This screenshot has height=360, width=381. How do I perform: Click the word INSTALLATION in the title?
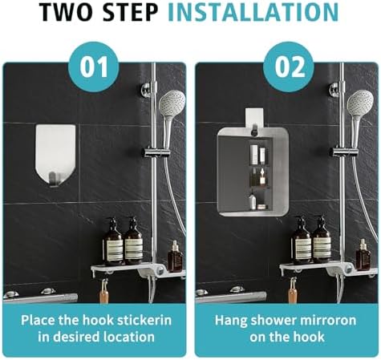click(253, 12)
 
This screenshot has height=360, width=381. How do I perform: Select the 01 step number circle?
click(94, 67)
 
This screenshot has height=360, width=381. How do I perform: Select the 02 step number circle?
click(288, 67)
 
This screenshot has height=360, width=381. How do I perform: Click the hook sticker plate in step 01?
click(55, 156)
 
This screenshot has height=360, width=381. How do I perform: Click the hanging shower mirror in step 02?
click(253, 172)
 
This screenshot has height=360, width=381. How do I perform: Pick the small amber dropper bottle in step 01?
click(175, 257)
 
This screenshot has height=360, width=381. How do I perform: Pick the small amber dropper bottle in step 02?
click(363, 255)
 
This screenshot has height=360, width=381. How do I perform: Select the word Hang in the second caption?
click(229, 321)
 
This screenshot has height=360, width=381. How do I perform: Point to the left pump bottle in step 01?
click(113, 242)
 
